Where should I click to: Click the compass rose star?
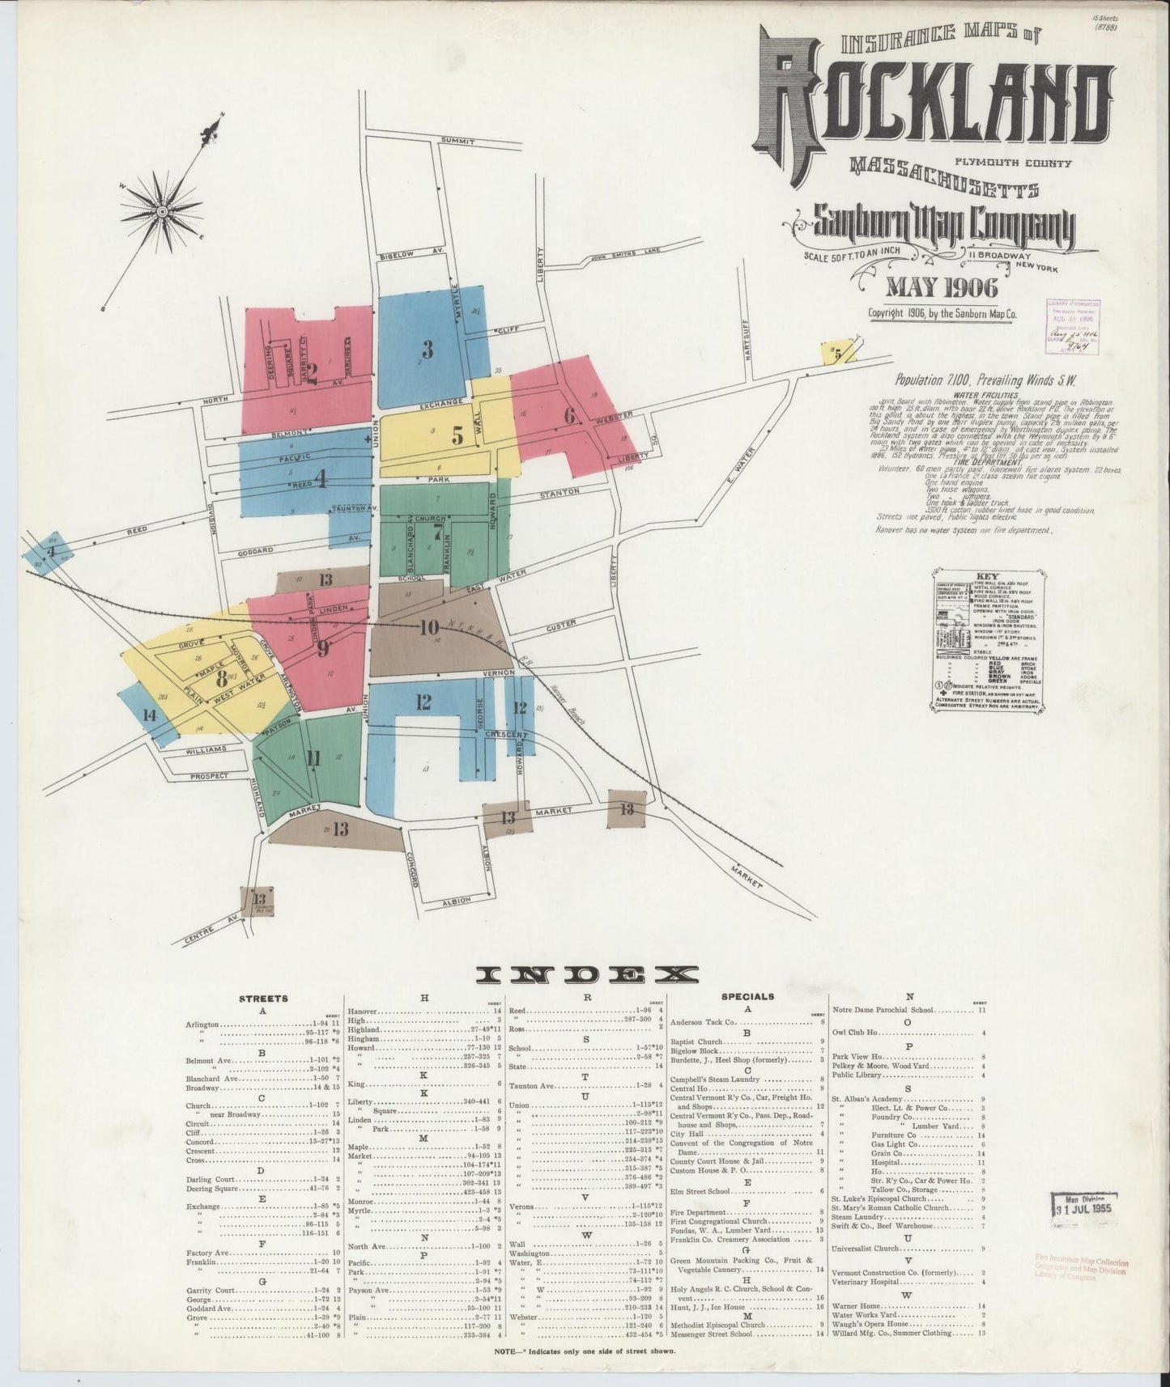point(162,211)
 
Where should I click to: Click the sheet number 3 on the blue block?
point(428,349)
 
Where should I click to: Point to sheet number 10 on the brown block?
point(429,627)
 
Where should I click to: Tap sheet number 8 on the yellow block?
point(220,678)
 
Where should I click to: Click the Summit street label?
point(457,141)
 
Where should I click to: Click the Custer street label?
point(560,624)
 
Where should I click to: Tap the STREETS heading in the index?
point(263,998)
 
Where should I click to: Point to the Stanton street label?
point(559,492)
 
